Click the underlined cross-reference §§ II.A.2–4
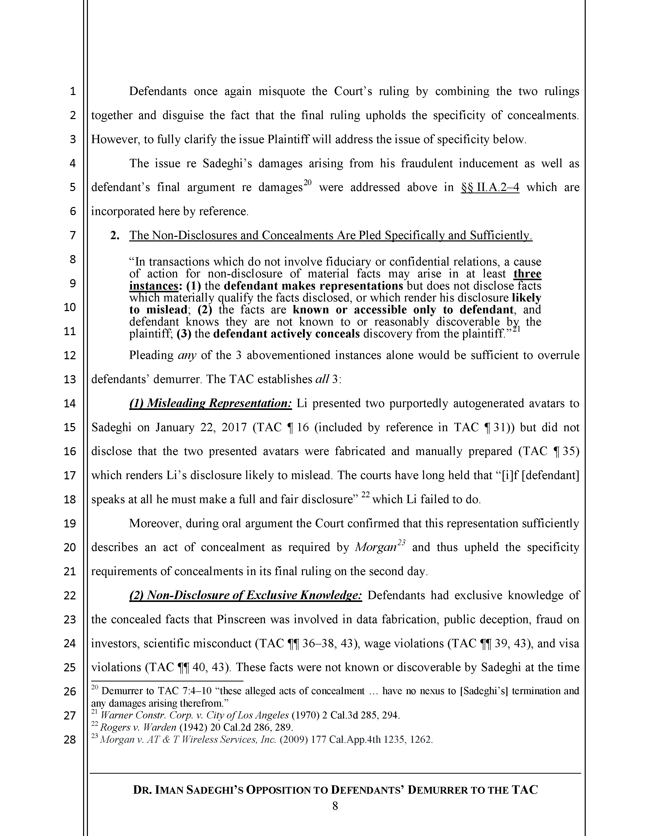tap(490, 187)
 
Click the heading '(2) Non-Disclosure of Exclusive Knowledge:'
tap(245, 595)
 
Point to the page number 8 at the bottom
tap(335, 807)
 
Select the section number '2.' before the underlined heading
tap(115, 235)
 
